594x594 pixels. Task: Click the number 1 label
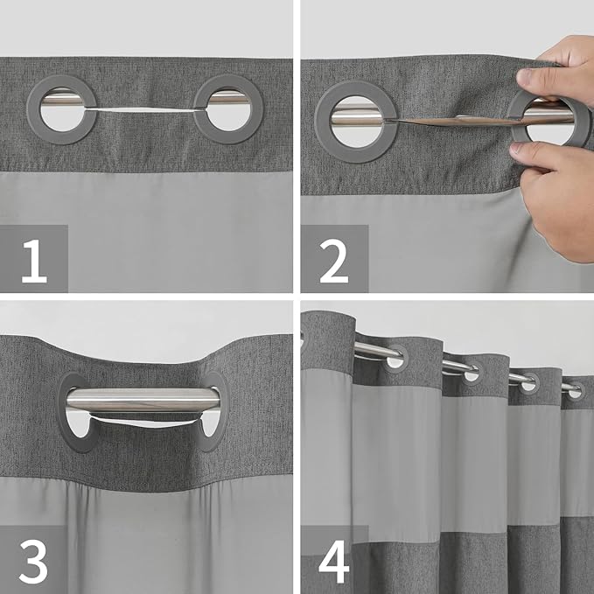(33, 260)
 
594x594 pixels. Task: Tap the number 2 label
(334, 260)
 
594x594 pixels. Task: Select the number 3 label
(33, 560)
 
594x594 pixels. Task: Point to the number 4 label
(334, 560)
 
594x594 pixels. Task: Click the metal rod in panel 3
(144, 400)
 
